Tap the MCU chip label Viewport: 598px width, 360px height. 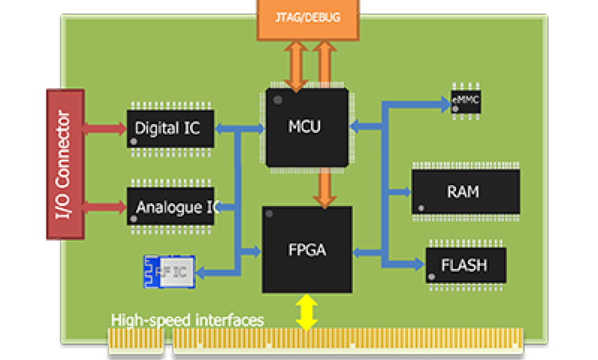coord(305,127)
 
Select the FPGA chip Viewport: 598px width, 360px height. coord(307,250)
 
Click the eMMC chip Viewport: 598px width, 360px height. coord(466,101)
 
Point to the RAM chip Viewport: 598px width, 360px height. coord(465,191)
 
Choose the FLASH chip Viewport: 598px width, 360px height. coord(465,265)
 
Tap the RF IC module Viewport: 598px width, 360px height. coord(170,272)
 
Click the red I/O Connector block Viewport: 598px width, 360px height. coord(65,164)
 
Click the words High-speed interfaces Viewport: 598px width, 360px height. coord(187,320)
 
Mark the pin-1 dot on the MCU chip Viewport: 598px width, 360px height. coord(278,100)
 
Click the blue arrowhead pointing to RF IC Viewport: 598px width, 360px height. coord(201,273)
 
